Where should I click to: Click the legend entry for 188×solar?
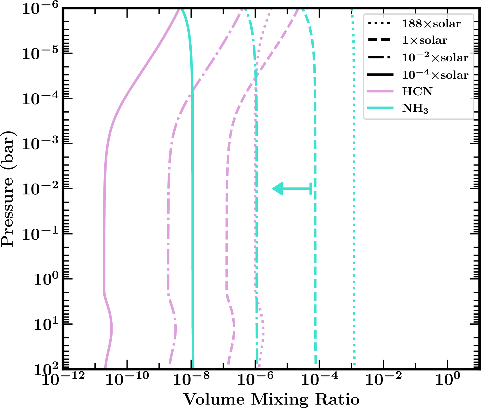point(431,24)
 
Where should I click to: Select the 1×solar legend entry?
point(425,40)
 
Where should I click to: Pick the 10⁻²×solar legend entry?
point(435,58)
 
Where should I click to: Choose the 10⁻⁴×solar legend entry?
point(435,75)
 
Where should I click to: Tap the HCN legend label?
point(417,91)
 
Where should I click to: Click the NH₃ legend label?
point(415,108)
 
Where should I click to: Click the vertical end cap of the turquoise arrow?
point(311,189)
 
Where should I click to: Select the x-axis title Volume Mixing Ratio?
point(271,399)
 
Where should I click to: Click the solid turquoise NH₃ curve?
point(193,200)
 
